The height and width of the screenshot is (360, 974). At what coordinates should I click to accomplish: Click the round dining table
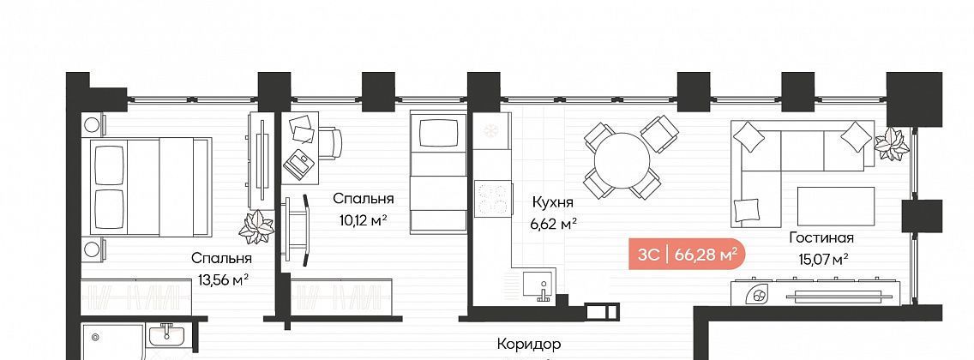(622, 159)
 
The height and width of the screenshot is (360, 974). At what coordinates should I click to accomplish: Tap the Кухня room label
(552, 202)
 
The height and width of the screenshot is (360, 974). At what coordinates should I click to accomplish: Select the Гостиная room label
(821, 237)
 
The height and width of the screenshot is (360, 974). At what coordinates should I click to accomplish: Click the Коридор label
(529, 343)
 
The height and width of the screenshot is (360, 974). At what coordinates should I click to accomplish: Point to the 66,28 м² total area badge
(687, 255)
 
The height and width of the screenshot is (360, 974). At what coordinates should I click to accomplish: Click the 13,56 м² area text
(223, 280)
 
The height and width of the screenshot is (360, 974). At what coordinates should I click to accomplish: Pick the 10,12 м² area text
(364, 220)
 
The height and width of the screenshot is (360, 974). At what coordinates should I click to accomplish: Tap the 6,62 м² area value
(551, 224)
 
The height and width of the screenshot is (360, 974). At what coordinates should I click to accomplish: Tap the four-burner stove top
(492, 199)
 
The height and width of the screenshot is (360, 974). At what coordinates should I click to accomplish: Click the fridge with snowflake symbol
(491, 132)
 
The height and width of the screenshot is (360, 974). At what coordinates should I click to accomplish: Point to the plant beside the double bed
(256, 226)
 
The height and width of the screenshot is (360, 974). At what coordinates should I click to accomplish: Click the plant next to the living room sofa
(892, 144)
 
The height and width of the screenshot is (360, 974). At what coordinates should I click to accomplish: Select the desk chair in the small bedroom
(330, 143)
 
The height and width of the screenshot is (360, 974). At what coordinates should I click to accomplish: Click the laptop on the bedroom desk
(300, 161)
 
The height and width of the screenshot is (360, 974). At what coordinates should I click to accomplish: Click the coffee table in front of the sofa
(836, 207)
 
